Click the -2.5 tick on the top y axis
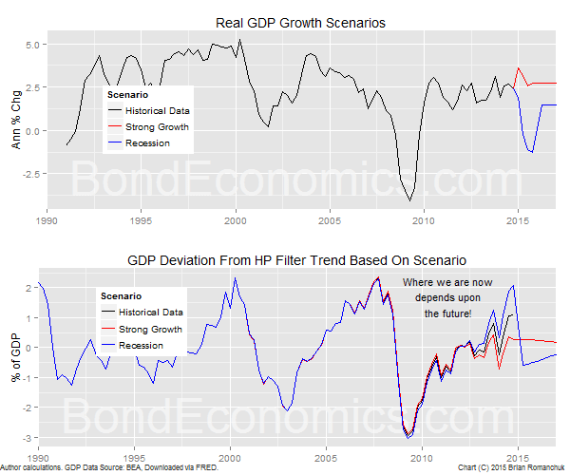28,174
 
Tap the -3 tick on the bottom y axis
31,438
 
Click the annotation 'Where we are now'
447,283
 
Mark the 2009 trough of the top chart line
410,200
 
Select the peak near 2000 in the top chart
239,39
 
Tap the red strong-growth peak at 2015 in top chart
518,67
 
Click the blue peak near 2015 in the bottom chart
514,285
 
